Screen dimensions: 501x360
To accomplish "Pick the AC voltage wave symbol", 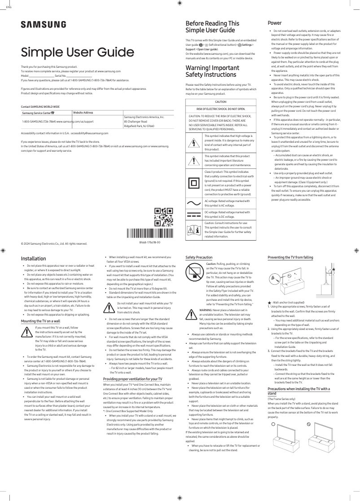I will [x=194, y=203].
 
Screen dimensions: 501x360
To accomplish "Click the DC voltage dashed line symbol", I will [x=194, y=215].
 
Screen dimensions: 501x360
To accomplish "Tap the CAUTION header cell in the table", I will [x=221, y=102].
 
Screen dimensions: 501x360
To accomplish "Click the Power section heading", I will [x=275, y=22].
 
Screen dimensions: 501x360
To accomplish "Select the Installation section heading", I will [x=34, y=259].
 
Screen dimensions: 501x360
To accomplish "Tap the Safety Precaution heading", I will [x=199, y=257].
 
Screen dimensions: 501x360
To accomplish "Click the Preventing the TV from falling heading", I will [x=290, y=257].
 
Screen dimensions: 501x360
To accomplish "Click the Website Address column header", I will [x=83, y=112].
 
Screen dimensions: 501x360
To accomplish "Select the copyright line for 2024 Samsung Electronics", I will [x=54, y=244].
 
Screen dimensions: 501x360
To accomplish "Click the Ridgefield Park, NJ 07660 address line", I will [x=139, y=126].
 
